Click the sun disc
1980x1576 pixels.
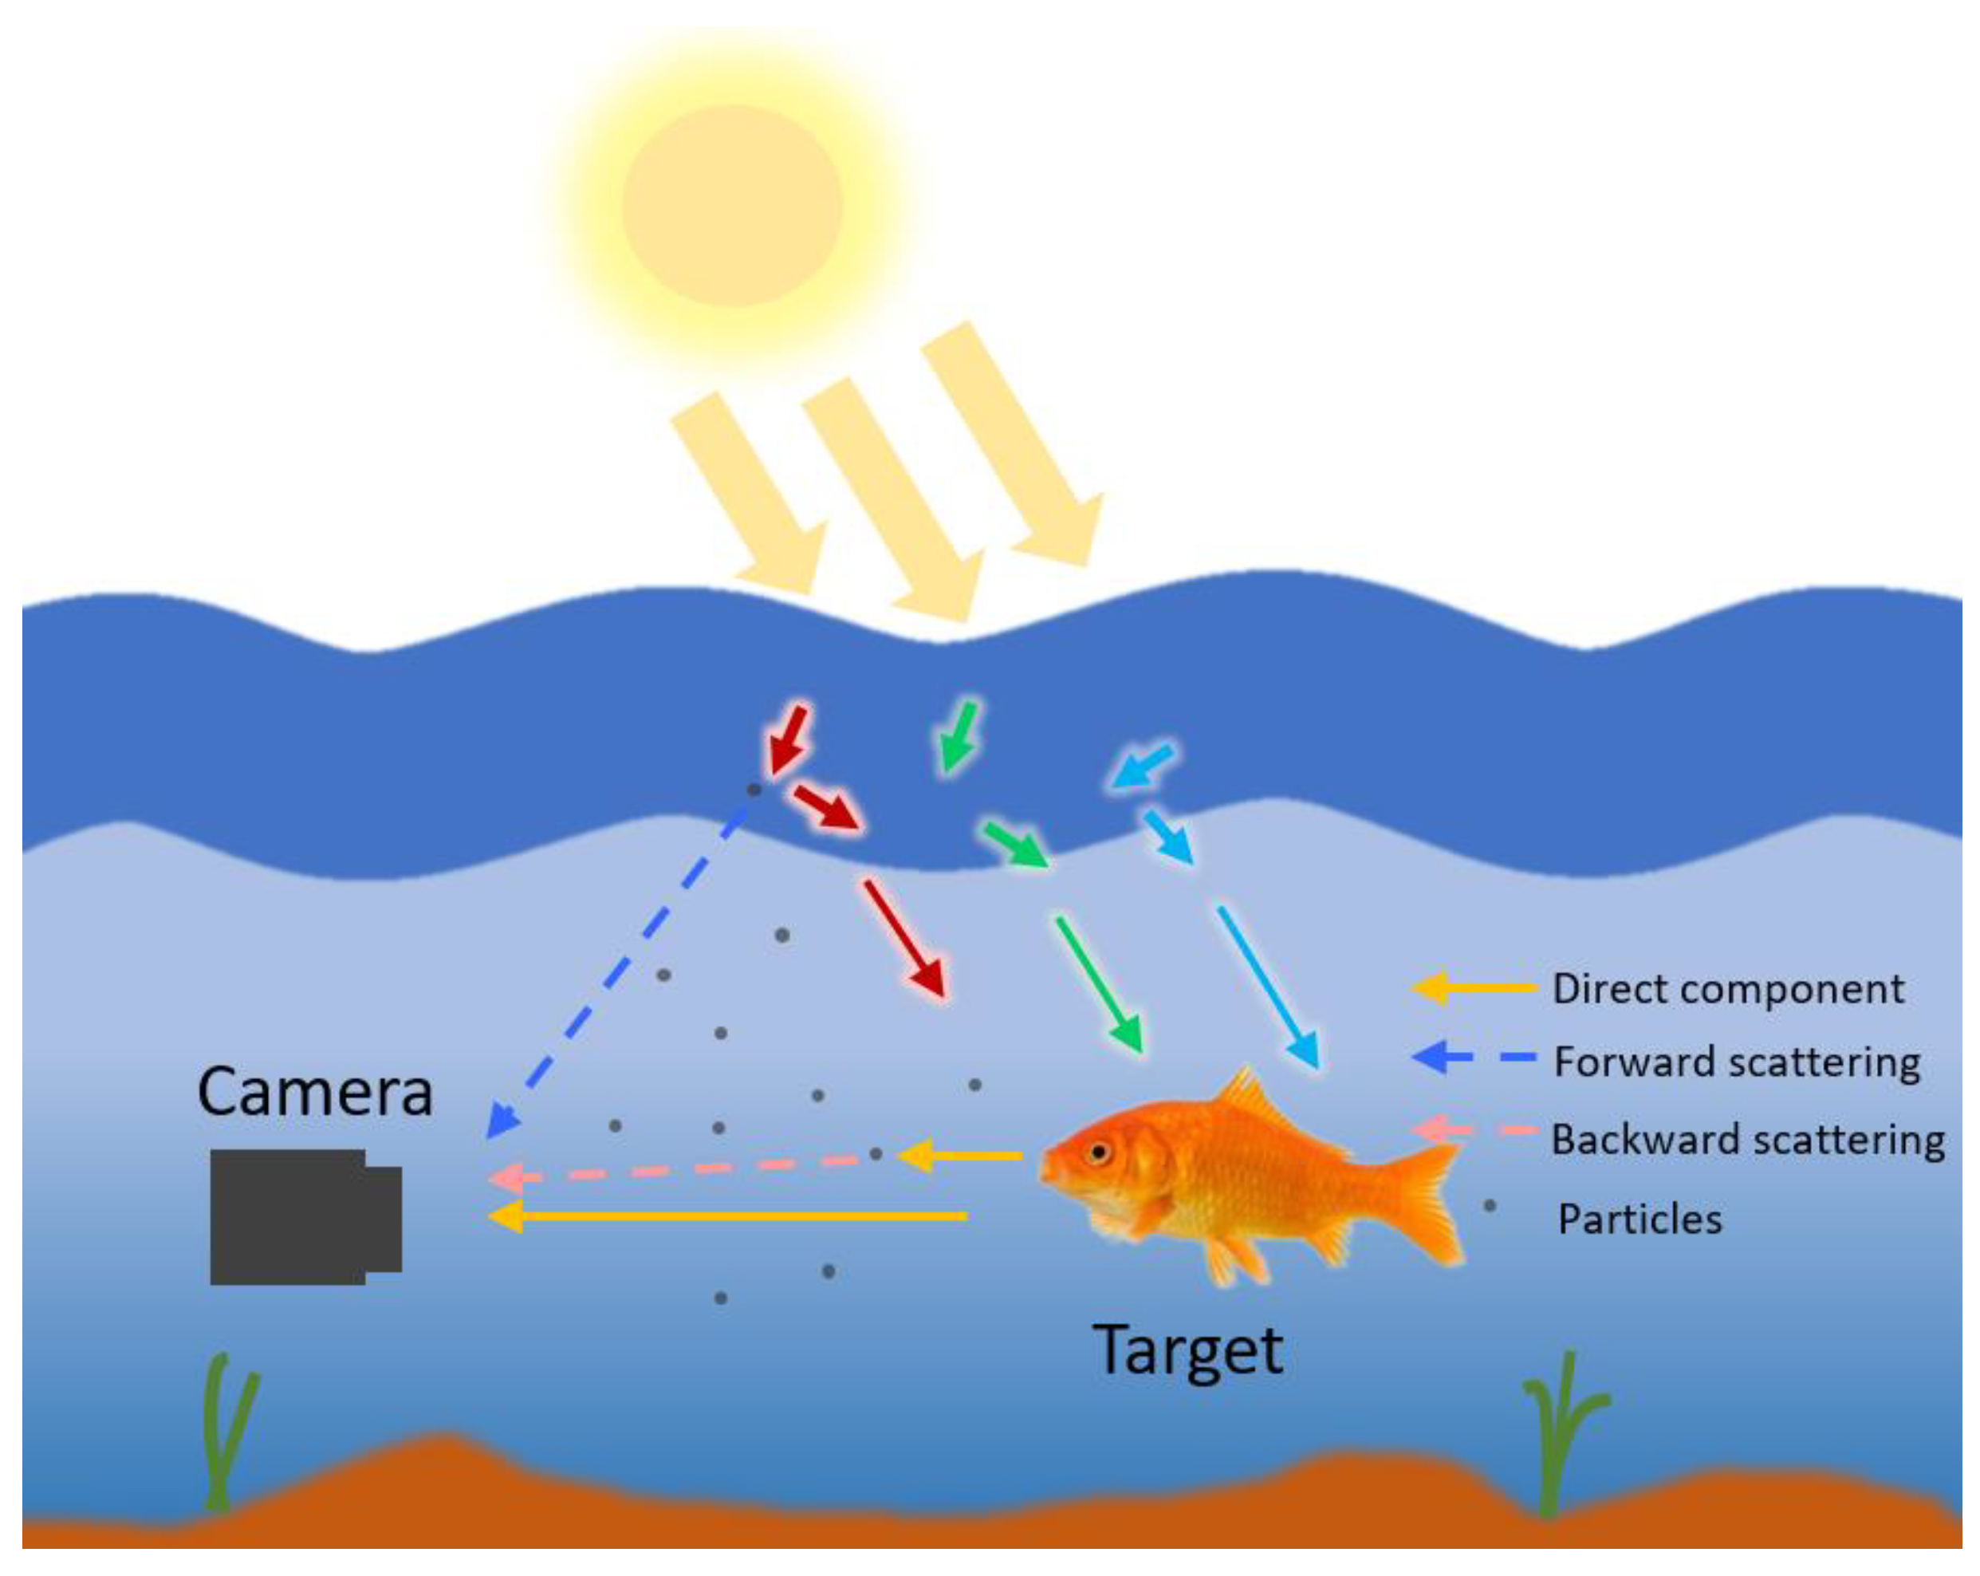[732, 206]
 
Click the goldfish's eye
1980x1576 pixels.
[1096, 1152]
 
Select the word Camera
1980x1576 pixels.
[315, 1092]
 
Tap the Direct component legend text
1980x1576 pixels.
[1727, 989]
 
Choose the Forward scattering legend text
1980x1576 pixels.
[1736, 1062]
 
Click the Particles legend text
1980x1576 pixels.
[1640, 1219]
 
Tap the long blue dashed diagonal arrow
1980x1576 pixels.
[624, 964]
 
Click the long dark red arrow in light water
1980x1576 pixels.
[903, 939]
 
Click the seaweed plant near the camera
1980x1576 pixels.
[225, 1432]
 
